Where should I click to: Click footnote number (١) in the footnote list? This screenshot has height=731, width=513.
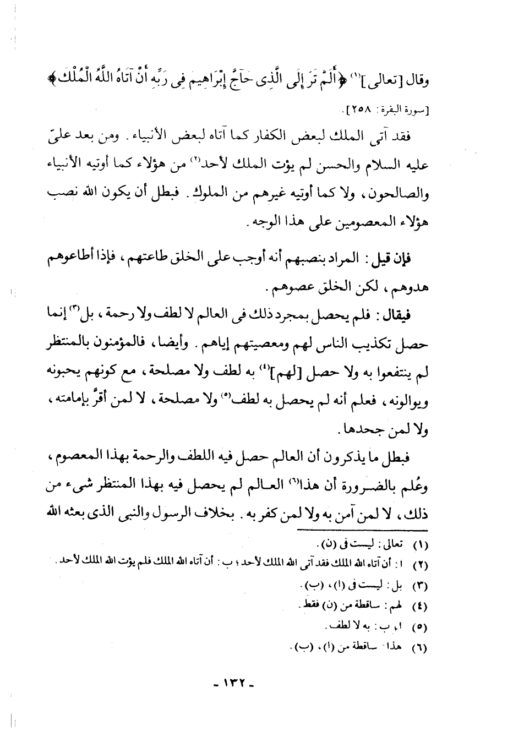click(x=421, y=547)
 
